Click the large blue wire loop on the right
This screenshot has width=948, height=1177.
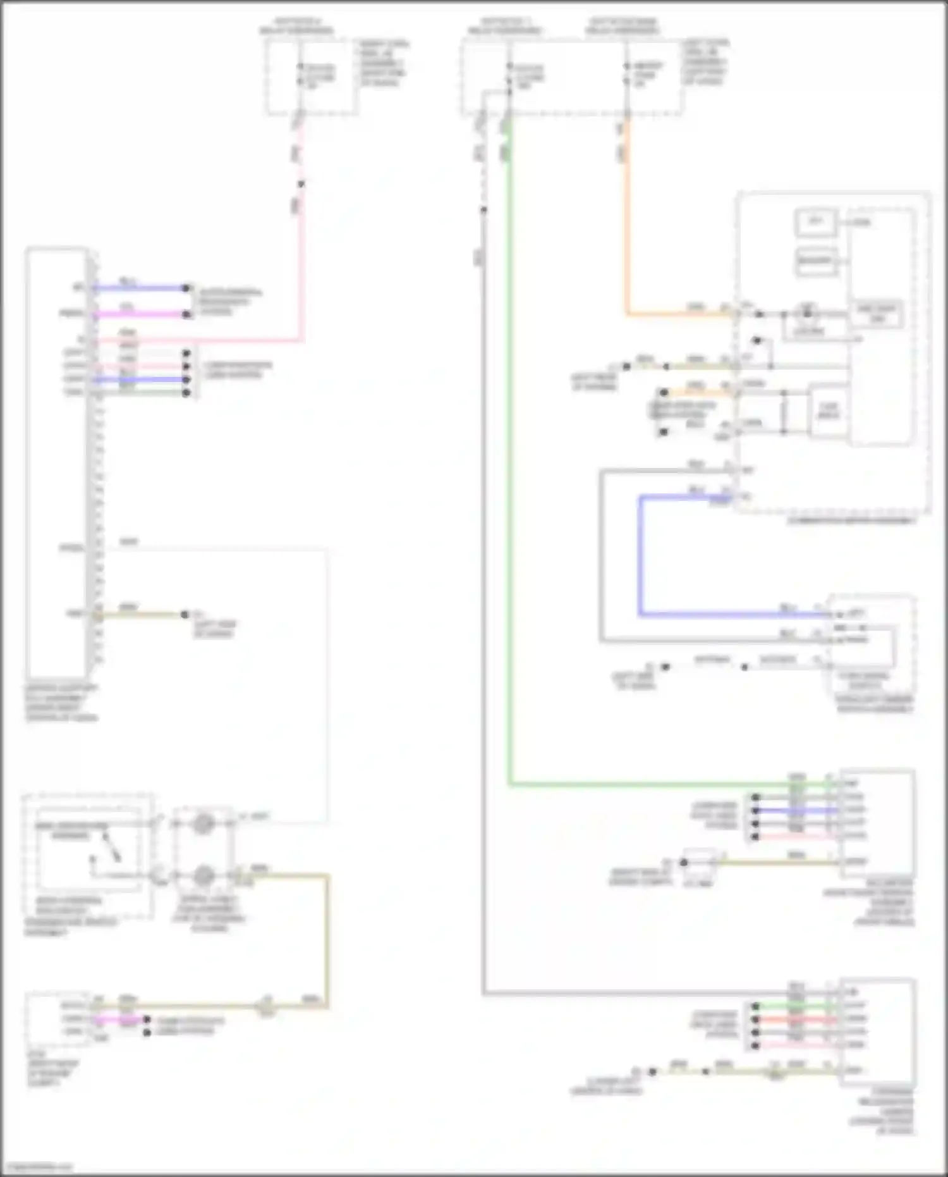tap(640, 557)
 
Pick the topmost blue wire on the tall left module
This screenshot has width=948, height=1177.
tap(139, 288)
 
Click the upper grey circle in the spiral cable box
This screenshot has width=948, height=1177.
tap(203, 823)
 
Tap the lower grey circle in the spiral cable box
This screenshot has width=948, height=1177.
tap(203, 876)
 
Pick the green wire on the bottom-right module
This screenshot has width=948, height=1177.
tap(796, 1006)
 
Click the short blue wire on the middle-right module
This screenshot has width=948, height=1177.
tap(796, 810)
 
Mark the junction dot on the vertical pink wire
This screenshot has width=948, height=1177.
tap(301, 184)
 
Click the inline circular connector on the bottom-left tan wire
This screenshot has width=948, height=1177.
tap(266, 1005)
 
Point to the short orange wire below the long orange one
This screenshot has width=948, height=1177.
tap(695, 393)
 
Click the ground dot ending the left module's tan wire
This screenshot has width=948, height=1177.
tap(185, 614)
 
